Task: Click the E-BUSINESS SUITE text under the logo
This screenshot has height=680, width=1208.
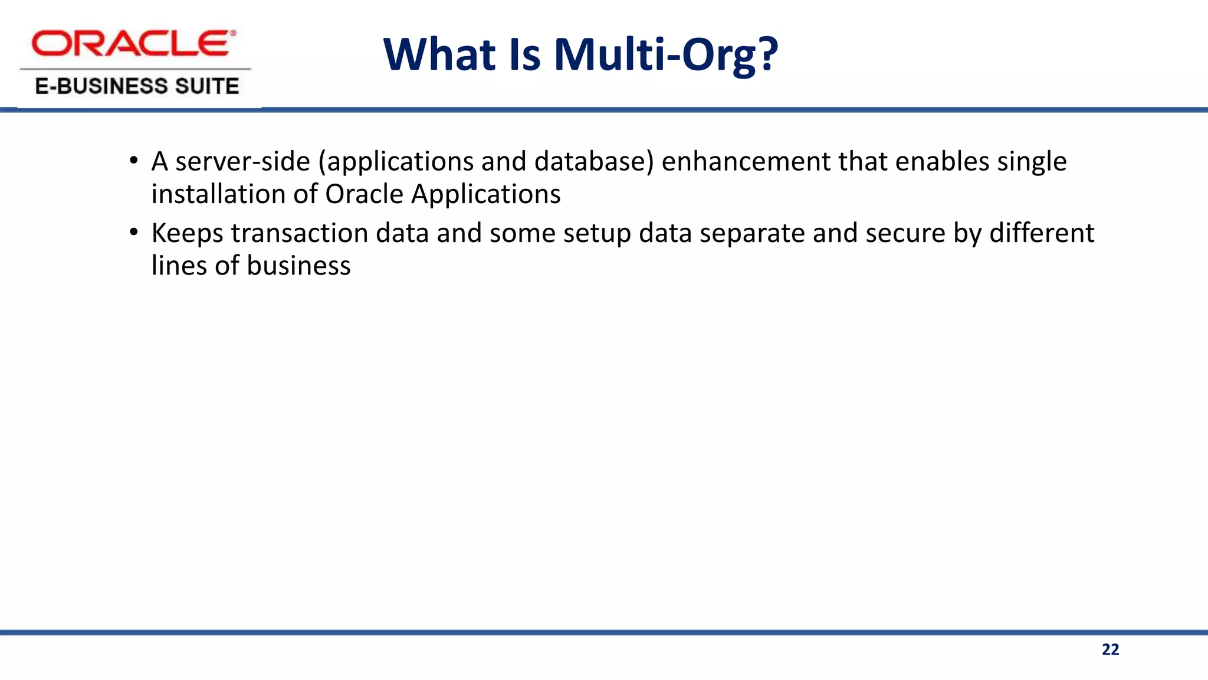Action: tap(137, 86)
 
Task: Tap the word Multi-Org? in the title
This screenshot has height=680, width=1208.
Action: tap(666, 55)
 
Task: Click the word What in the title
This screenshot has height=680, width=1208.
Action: tap(439, 55)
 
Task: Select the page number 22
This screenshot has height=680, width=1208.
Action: tap(1110, 649)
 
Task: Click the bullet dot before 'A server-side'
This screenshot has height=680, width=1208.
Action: tap(134, 161)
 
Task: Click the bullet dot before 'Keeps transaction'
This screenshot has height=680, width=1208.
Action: tap(134, 233)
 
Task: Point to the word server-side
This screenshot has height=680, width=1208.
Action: tap(242, 162)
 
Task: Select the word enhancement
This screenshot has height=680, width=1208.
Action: tap(746, 162)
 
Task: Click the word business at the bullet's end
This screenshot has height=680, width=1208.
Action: tap(298, 266)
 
